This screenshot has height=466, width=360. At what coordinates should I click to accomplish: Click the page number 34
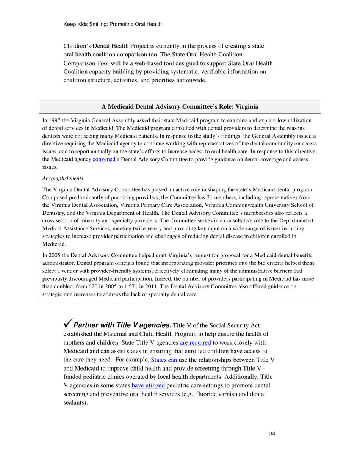(271, 434)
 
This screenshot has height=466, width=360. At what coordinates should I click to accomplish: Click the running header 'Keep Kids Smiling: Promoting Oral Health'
(113, 24)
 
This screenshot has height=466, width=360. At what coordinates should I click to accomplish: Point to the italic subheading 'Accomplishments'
(63, 178)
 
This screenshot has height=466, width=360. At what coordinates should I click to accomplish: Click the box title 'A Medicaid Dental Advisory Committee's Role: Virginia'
(180, 106)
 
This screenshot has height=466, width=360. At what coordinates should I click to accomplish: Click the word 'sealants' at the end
(74, 403)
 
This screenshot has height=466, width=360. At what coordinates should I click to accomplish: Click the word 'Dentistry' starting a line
(53, 213)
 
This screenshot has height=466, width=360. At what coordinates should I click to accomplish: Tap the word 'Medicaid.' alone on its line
(53, 245)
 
